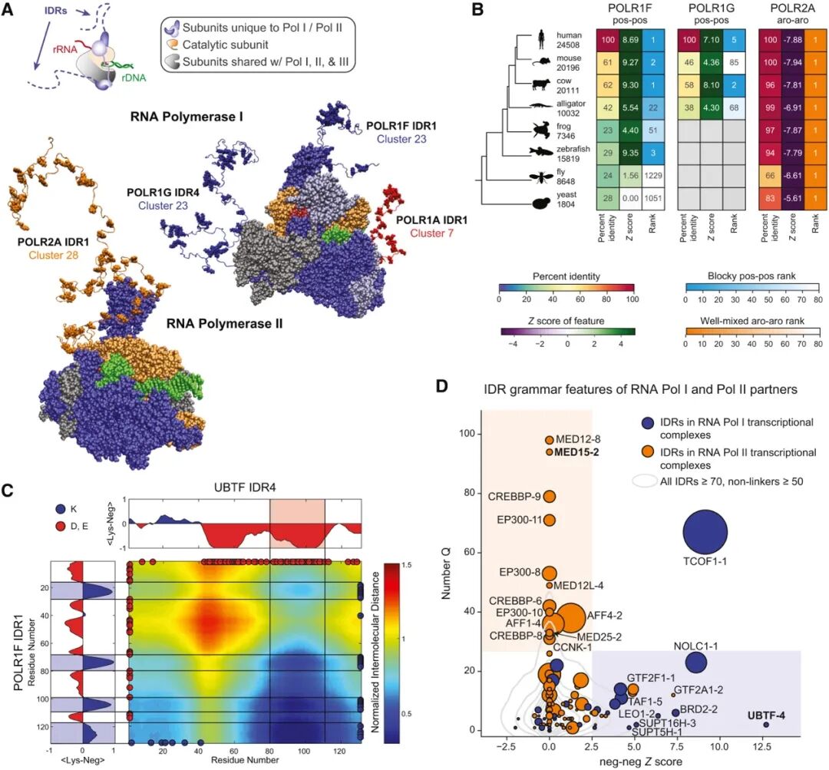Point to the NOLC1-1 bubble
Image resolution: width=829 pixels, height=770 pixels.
tap(695, 662)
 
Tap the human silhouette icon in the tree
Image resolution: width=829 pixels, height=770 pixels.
tap(540, 38)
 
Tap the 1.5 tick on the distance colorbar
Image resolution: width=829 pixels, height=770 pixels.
tap(404, 565)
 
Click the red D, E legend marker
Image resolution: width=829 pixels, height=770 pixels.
tap(61, 524)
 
